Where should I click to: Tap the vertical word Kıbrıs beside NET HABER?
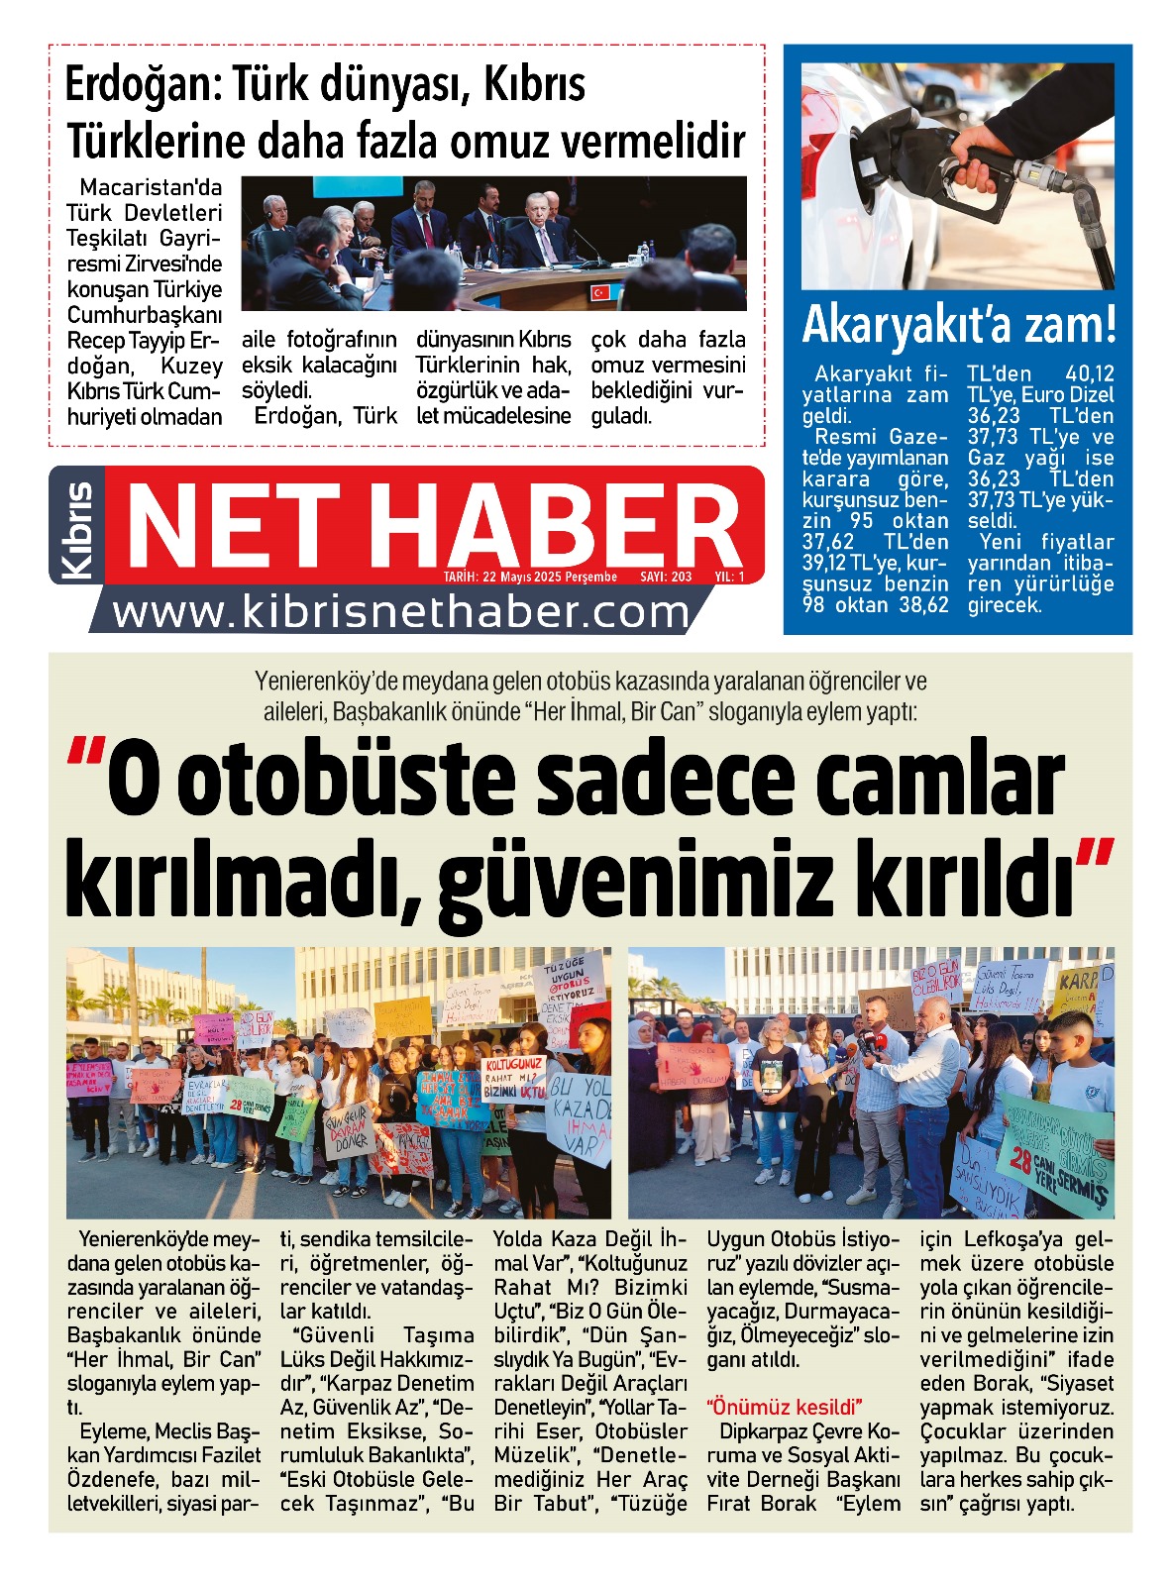(77, 530)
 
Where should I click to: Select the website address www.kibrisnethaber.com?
(400, 613)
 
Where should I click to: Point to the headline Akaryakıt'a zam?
(958, 326)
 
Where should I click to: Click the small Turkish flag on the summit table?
(599, 292)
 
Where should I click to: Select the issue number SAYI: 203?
(666, 577)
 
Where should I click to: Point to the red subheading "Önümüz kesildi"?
(784, 1407)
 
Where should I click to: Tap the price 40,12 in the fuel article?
(1089, 374)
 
